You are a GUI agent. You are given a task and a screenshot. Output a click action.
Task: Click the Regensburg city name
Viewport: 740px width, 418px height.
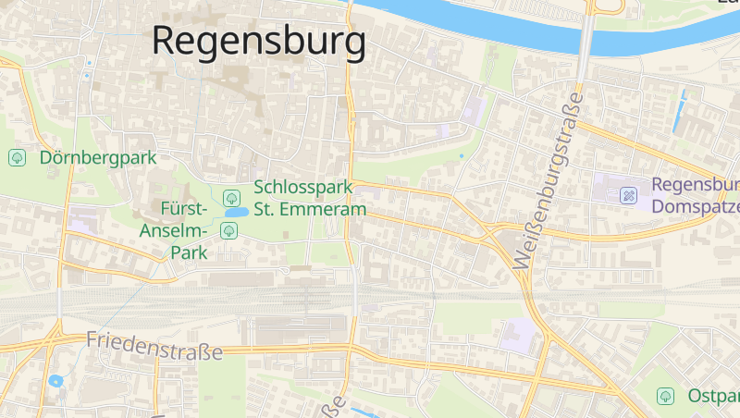[x=258, y=41]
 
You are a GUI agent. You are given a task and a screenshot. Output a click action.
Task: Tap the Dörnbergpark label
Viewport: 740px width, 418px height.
[x=98, y=158]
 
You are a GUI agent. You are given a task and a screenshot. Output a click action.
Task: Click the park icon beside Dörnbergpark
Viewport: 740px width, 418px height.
[x=17, y=158]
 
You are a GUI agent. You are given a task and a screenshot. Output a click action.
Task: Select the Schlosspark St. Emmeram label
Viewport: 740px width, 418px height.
[x=310, y=198]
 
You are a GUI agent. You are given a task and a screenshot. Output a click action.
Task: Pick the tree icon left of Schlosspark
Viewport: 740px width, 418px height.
[x=232, y=197]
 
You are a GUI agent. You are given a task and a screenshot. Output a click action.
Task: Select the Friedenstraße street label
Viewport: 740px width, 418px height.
[x=154, y=346]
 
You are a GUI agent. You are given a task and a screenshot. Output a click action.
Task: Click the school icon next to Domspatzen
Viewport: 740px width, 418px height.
[x=629, y=195]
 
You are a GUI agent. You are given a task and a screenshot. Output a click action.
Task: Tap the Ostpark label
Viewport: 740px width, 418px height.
[x=712, y=396]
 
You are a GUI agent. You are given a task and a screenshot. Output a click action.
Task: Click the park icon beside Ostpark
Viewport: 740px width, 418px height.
[x=664, y=396]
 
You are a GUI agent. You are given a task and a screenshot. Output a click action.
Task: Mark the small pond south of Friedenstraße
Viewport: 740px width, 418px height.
[x=55, y=380]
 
